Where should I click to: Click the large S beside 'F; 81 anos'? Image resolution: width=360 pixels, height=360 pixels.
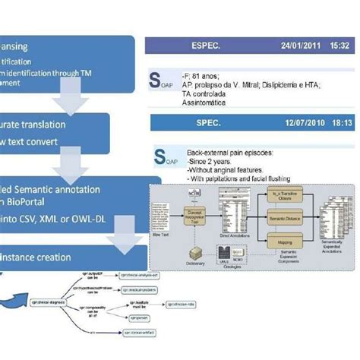pos(156,80)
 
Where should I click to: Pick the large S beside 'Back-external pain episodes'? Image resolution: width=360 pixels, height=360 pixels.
pos(161,157)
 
